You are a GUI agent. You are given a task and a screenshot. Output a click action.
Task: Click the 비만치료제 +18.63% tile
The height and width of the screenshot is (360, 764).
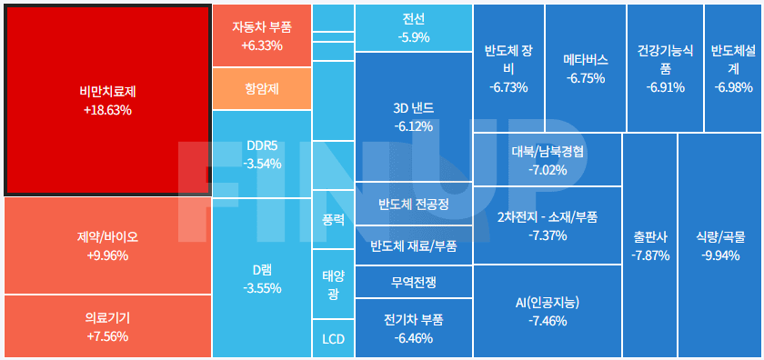(106, 99)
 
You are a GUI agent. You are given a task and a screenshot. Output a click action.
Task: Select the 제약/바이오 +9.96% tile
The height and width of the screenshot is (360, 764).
(106, 245)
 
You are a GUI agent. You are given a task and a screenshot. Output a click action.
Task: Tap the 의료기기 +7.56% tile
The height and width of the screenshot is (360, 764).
(106, 326)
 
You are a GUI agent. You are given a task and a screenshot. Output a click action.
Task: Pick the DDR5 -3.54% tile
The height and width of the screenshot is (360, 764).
(262, 154)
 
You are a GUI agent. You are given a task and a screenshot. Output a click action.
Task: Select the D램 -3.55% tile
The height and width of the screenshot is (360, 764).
(261, 278)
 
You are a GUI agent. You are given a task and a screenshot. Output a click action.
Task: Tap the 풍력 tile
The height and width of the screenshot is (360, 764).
(333, 219)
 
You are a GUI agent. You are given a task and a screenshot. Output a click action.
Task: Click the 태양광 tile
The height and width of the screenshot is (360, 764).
(333, 284)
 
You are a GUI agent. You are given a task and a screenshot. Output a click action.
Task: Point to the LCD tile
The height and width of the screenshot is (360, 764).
(333, 340)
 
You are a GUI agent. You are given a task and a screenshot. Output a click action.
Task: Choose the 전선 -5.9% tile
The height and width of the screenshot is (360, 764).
(413, 27)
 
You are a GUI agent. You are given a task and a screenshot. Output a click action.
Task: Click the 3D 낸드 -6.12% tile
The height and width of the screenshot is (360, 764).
(413, 116)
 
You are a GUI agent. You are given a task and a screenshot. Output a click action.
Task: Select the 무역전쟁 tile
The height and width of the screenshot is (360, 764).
(413, 282)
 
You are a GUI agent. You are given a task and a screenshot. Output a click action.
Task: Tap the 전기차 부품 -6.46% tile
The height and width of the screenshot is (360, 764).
(413, 328)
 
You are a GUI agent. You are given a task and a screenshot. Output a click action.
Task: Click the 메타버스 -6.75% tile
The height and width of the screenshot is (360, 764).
(585, 68)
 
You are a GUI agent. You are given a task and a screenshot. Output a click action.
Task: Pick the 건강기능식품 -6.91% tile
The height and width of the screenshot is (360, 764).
(665, 68)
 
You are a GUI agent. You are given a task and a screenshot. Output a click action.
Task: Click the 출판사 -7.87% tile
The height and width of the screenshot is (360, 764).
(650, 245)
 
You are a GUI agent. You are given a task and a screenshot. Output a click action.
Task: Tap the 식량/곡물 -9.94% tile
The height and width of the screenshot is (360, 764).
(719, 245)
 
